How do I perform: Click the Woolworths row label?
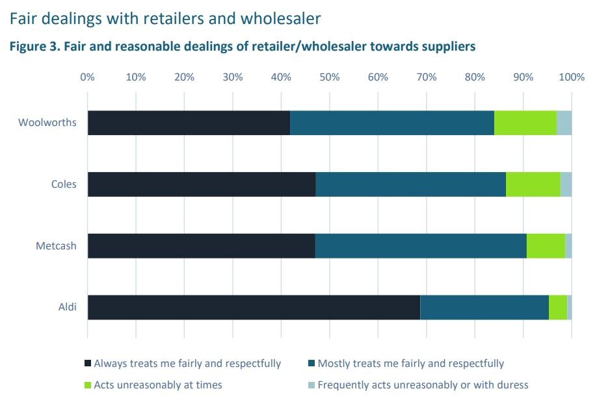coord(47,123)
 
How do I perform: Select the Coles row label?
coord(64,184)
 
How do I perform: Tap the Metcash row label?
coord(56,246)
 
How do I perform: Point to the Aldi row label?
coord(68,307)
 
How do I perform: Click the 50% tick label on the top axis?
coord(329,77)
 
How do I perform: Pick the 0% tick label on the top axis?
coord(87,77)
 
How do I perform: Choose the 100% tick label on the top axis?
coord(572,77)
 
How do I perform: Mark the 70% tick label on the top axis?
coord(426,77)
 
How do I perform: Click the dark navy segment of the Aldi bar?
coord(254,307)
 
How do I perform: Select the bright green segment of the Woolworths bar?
coord(525,123)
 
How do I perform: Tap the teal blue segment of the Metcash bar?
coord(421,246)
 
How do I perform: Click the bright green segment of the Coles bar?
coord(533,184)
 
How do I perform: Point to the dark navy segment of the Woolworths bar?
coord(189,123)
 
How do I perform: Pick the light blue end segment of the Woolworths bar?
coord(564,123)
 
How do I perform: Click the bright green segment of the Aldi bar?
coord(558,307)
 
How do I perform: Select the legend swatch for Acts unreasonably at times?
coord(88,385)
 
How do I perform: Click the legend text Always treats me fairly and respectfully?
coord(187,364)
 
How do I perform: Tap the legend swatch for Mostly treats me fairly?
coord(312,364)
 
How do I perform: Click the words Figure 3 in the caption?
coord(31,47)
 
